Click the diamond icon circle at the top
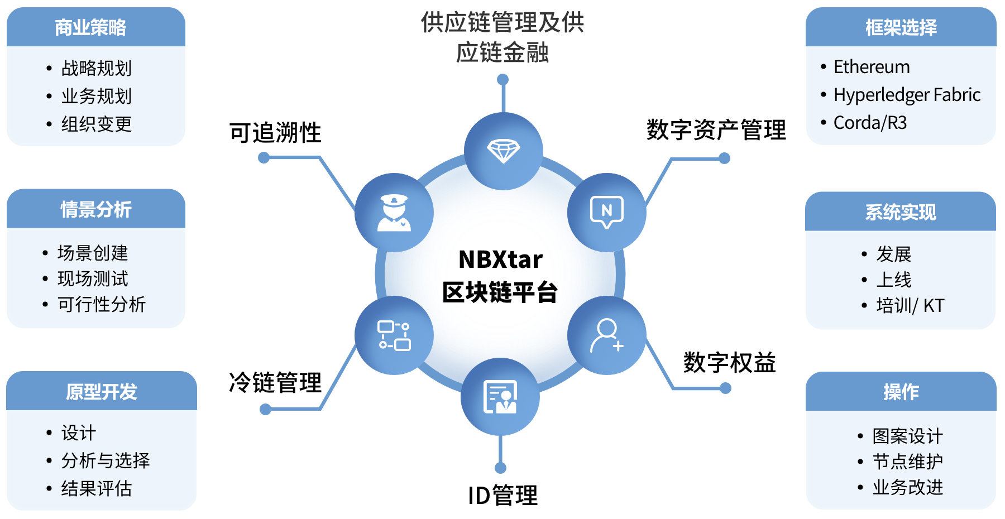(503, 151)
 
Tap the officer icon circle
(394, 213)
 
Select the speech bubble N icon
(607, 212)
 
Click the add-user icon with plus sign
(607, 335)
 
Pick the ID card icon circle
(500, 397)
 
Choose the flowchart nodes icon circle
(394, 335)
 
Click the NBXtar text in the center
(500, 259)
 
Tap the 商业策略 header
(90, 27)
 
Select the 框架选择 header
(901, 27)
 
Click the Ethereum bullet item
(871, 67)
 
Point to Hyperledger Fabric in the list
(907, 95)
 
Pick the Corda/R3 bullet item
(870, 123)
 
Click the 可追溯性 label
(275, 133)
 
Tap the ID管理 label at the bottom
(502, 496)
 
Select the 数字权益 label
(729, 363)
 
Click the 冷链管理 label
(275, 383)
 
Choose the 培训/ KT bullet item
(910, 306)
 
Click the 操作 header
(901, 392)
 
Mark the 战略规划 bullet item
(96, 69)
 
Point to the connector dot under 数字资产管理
(725, 158)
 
